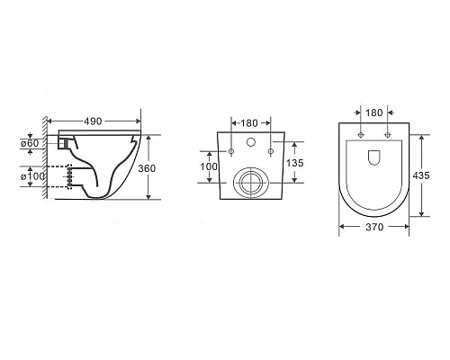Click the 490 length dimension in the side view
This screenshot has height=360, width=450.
tap(94, 120)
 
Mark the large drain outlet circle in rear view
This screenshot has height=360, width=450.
tap(250, 184)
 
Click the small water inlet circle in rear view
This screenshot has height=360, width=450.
tap(251, 145)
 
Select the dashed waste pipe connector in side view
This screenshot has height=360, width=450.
tap(65, 176)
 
